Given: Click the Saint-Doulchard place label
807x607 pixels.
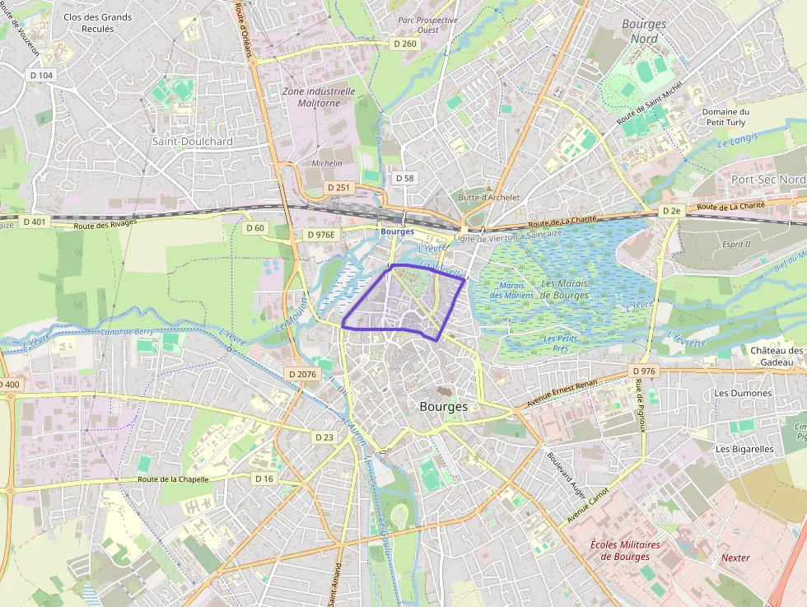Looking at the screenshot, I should pos(193,142).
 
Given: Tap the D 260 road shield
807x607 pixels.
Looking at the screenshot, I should pos(404,44).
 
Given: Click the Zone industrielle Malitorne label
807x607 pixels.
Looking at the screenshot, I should pos(319,97).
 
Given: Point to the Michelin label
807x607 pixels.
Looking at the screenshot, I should pos(327,163).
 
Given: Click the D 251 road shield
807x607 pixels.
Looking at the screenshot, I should pos(338,188).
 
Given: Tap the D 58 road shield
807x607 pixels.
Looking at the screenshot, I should pos(404,178).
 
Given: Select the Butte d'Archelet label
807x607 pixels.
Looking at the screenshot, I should pos(489,198).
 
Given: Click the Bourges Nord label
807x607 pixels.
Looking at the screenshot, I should pos(644,31).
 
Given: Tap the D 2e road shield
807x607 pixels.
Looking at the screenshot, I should pos(672,212).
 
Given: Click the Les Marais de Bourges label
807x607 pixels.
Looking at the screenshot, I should pos(565,289).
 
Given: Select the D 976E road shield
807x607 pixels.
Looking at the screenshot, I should pos(321,235).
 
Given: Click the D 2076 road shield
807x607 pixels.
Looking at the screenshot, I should pos(302,374).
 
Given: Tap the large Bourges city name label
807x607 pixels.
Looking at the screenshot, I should pos(443,407).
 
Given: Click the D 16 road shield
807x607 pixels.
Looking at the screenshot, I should pos(264,479).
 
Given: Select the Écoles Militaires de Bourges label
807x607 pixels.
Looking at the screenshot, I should pos(626,551).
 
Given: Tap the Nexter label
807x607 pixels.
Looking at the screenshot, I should pos(735,558).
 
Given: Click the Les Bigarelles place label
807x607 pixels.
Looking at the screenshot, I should pos(744,449).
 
